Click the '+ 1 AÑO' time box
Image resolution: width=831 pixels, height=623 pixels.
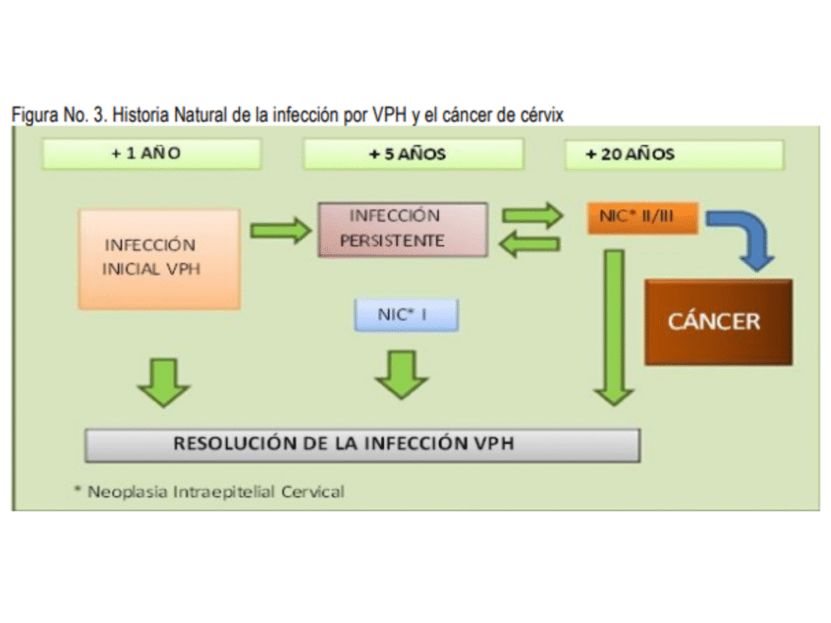[152, 154]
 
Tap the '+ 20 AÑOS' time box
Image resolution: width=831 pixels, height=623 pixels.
[674, 154]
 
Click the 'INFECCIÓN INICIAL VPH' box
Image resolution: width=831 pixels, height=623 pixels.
[159, 258]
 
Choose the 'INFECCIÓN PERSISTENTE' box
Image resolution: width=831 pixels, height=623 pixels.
[403, 229]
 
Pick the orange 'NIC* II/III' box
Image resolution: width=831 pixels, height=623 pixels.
[643, 217]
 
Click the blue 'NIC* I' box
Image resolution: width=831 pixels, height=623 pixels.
[407, 315]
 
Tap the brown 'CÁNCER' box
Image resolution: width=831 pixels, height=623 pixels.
[717, 321]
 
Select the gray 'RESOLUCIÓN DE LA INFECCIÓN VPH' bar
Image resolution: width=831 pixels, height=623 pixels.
[362, 445]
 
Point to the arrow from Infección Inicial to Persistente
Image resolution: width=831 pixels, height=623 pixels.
[279, 230]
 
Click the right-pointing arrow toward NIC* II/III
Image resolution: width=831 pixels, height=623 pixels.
[532, 216]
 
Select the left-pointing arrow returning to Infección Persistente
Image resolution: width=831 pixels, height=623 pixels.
[529, 243]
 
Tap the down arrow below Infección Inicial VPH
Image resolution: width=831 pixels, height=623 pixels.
[163, 380]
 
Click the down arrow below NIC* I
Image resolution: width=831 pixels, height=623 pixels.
[402, 374]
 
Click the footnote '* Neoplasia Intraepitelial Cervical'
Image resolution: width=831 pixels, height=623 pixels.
[209, 492]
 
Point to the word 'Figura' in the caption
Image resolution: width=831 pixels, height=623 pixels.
[33, 115]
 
